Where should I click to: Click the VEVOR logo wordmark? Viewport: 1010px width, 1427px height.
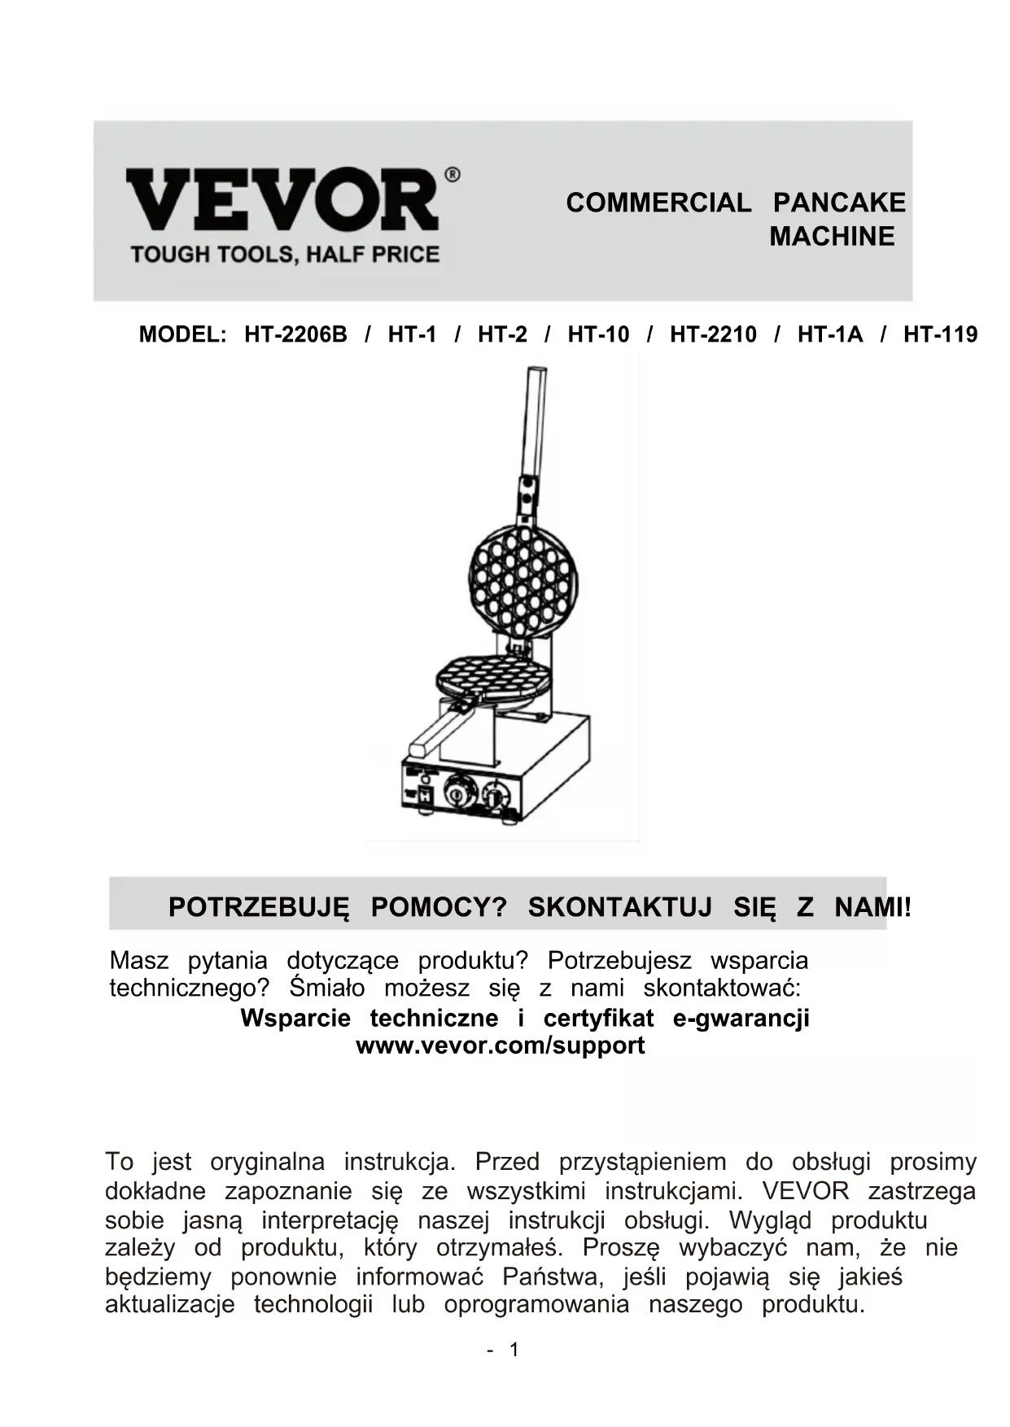[x=282, y=199]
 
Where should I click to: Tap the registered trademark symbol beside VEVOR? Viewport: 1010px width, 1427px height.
[x=453, y=174]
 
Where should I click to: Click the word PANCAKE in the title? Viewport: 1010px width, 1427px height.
[x=839, y=203]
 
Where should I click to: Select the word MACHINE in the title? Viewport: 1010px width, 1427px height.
[x=832, y=237]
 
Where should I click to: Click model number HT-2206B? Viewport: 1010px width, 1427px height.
[x=295, y=334]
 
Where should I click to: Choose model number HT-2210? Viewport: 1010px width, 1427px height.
[x=713, y=334]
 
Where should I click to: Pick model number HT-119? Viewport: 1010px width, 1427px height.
[x=940, y=334]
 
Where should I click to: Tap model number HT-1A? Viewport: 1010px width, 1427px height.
[x=829, y=334]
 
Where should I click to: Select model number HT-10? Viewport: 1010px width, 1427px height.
[x=598, y=334]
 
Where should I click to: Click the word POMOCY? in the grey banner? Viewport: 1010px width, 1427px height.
[x=439, y=906]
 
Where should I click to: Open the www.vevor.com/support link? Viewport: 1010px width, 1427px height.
[x=501, y=1045]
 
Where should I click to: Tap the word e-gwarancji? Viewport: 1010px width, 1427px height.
[x=741, y=1019]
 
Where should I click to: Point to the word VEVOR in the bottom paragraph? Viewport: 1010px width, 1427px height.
[x=805, y=1191]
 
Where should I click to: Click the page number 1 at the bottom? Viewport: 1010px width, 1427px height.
[x=514, y=1350]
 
